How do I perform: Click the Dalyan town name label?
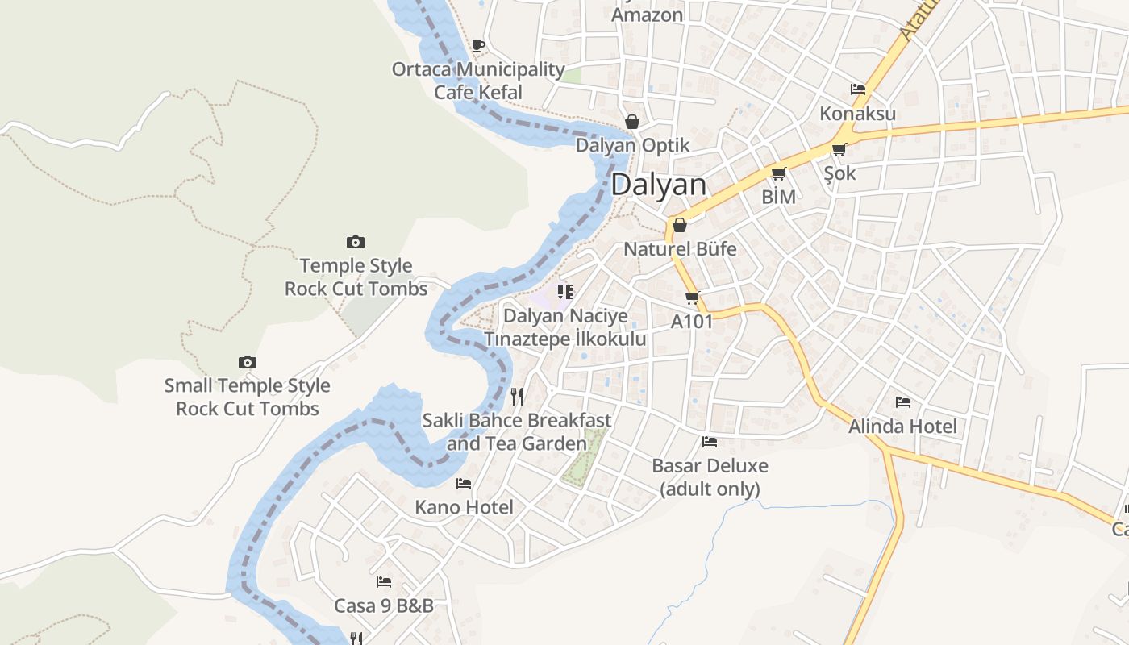click(658, 185)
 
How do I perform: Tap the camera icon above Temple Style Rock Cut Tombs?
click(356, 242)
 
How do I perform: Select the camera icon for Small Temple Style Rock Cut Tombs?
click(248, 363)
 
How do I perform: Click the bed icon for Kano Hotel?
click(464, 484)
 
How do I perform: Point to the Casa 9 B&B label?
click(384, 605)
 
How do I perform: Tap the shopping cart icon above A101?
click(692, 298)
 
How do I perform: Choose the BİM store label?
click(779, 197)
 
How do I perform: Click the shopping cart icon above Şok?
click(839, 149)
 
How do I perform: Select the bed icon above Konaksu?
click(858, 89)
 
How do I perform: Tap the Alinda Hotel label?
click(902, 427)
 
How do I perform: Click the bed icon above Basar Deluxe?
click(710, 441)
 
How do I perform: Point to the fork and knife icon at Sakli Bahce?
click(517, 396)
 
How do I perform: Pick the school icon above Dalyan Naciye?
click(565, 291)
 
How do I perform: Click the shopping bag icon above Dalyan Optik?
click(632, 122)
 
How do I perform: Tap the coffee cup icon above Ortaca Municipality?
click(478, 45)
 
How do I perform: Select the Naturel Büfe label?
click(680, 249)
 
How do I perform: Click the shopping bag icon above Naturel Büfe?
click(680, 225)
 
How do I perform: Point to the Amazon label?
click(648, 14)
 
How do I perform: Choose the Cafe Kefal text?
click(478, 92)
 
